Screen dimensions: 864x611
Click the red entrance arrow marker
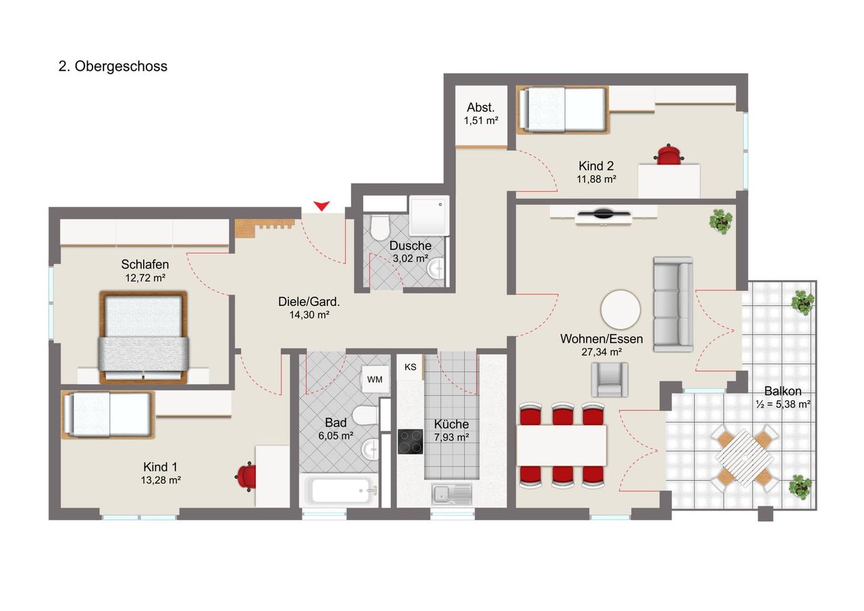tap(321, 206)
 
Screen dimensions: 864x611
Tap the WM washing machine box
tap(375, 379)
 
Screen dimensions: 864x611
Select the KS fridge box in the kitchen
tap(410, 367)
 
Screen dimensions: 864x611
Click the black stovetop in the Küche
tap(410, 442)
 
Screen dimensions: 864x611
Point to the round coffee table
tap(620, 309)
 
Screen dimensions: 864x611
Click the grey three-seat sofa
tap(673, 304)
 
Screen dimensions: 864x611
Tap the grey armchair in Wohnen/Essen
tap(610, 379)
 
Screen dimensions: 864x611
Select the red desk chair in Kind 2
tap(669, 155)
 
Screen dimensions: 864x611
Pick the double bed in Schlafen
tap(144, 337)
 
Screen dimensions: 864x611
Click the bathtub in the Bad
tap(340, 490)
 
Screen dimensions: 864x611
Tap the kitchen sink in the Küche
tap(452, 494)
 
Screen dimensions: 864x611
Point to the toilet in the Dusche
tap(379, 228)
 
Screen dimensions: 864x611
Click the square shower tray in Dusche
tap(429, 215)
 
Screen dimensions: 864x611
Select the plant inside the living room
tap(720, 221)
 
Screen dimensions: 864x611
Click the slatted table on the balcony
tap(745, 458)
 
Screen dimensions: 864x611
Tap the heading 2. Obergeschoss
tap(113, 66)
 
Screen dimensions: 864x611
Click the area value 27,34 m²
tap(601, 352)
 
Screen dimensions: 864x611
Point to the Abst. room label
tap(481, 107)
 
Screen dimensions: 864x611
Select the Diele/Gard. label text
tap(309, 302)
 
